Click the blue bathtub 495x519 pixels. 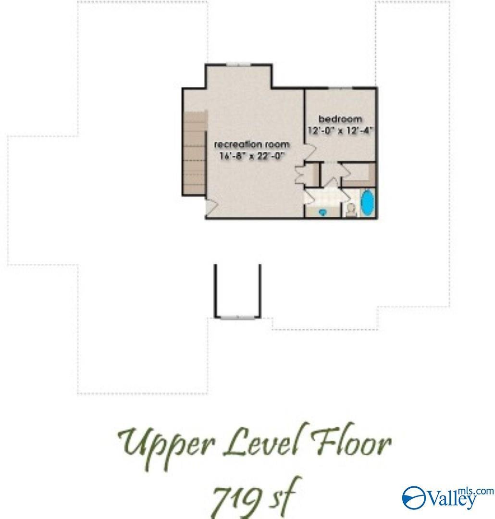(x=368, y=203)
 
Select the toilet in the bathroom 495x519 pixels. (x=351, y=210)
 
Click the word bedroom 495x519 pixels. (x=340, y=119)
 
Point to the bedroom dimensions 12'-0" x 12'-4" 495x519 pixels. (x=340, y=130)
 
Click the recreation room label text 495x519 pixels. (x=252, y=144)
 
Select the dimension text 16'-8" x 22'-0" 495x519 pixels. (x=252, y=156)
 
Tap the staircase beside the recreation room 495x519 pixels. (x=195, y=153)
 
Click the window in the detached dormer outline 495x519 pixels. (x=238, y=318)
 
